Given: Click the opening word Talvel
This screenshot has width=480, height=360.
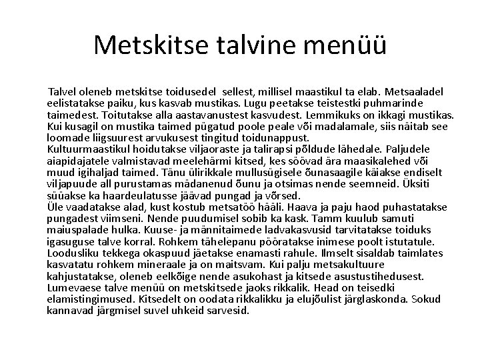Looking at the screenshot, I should pos(65,91).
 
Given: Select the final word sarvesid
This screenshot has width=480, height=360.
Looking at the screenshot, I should pos(229,311).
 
